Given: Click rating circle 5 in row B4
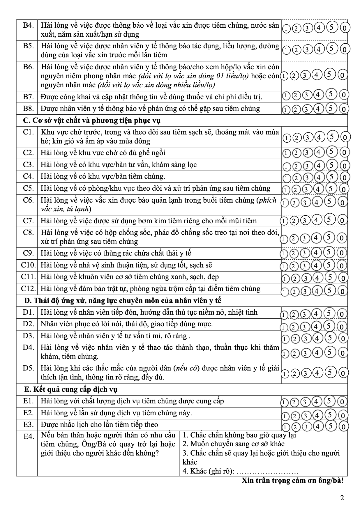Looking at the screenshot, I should (x=332, y=27).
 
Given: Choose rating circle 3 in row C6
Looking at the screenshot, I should (x=305, y=203).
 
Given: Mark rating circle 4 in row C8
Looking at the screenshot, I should (x=316, y=238).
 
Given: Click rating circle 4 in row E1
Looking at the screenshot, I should (x=316, y=402).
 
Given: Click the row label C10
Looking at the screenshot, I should (x=28, y=265).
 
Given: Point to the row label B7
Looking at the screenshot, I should (x=29, y=97).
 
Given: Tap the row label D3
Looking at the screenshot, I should (x=29, y=336).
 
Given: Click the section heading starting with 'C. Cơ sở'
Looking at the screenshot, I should (x=92, y=120).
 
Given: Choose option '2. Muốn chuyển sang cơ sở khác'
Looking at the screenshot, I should (x=233, y=444).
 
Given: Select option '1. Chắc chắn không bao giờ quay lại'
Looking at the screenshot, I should (x=239, y=435).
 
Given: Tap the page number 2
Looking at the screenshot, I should (x=342, y=498).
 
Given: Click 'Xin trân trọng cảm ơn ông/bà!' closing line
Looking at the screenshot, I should (x=292, y=481).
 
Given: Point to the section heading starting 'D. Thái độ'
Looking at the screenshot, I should (x=122, y=300).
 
